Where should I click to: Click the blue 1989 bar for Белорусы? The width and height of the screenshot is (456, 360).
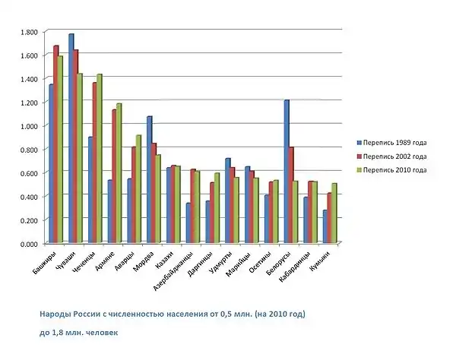tap(287, 171)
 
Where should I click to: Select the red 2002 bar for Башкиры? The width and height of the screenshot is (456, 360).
tap(56, 144)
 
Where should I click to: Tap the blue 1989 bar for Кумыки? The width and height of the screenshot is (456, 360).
tap(325, 226)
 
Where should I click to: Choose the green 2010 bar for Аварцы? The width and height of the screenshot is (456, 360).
tap(138, 189)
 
